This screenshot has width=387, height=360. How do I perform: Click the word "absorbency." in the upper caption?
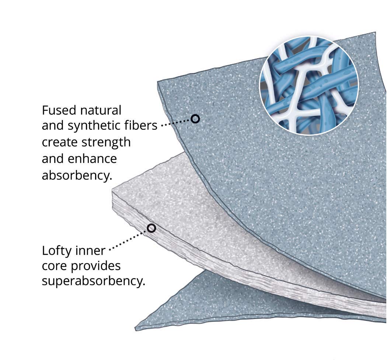click(76, 175)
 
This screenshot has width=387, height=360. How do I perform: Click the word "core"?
click(54, 266)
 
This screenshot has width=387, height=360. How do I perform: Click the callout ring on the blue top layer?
click(195, 119)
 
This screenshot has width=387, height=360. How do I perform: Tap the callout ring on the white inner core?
click(151, 228)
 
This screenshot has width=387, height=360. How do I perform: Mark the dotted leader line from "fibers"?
click(176, 122)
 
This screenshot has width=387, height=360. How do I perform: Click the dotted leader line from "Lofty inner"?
click(129, 240)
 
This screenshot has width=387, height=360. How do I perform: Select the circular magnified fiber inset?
click(309, 85)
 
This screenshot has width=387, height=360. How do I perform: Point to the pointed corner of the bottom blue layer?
click(137, 328)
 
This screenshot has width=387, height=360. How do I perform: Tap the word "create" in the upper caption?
click(59, 142)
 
